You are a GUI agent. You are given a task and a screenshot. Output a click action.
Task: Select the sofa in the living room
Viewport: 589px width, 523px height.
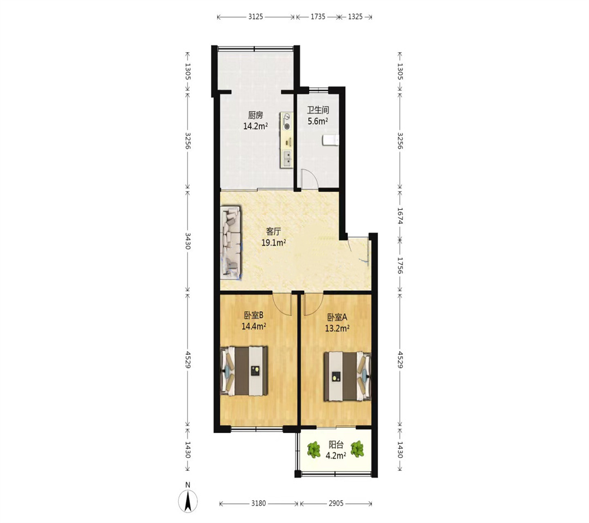click(x=231, y=242)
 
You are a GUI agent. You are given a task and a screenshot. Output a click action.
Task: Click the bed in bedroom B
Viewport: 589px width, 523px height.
click(x=244, y=371)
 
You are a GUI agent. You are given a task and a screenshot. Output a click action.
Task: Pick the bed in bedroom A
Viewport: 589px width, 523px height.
click(x=347, y=376)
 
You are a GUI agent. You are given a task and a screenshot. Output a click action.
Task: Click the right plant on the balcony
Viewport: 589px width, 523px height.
click(x=357, y=449)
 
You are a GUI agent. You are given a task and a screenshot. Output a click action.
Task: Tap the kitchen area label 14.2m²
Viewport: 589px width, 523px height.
click(x=255, y=126)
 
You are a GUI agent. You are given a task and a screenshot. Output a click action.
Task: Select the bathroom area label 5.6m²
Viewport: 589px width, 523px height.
click(x=318, y=121)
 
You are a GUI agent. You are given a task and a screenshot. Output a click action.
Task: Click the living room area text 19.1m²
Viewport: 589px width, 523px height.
click(x=274, y=243)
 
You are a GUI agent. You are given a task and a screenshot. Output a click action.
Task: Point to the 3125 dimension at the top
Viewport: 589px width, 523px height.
click(x=255, y=17)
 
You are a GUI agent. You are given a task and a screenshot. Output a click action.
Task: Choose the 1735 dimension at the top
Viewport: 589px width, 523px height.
click(x=318, y=17)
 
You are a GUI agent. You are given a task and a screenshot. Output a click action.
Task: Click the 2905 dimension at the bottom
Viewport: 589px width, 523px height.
click(x=336, y=503)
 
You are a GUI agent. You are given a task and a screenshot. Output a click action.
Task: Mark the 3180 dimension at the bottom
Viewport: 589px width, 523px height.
click(x=259, y=503)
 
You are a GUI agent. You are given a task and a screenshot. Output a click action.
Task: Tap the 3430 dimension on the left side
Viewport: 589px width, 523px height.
click(x=188, y=241)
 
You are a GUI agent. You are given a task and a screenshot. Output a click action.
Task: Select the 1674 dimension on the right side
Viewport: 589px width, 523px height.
click(x=400, y=216)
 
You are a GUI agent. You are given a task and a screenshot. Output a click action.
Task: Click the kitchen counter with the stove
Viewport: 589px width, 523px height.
click(x=287, y=141)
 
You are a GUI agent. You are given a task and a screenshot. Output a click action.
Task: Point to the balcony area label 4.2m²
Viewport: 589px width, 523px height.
click(x=336, y=456)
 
